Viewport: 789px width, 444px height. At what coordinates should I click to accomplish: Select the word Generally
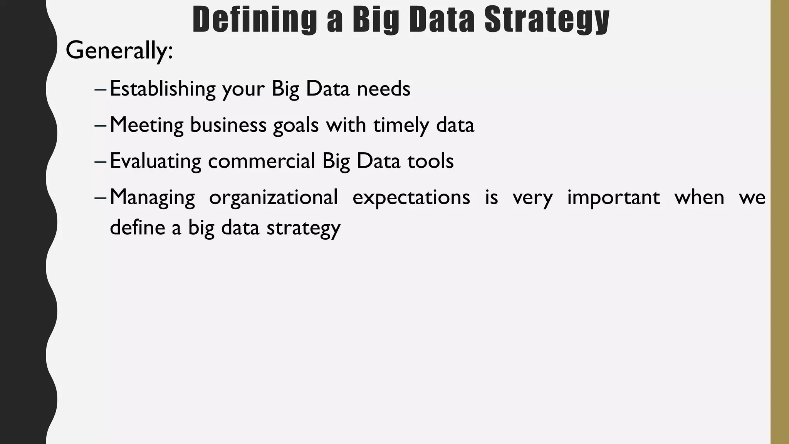click(x=119, y=50)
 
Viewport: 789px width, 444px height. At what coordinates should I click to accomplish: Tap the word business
click(x=228, y=125)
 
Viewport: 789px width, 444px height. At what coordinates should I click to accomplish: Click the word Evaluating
click(x=155, y=161)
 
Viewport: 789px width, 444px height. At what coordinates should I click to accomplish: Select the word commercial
click(x=262, y=161)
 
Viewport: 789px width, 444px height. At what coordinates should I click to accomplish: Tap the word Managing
click(x=153, y=198)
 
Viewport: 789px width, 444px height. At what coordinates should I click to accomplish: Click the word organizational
click(x=274, y=198)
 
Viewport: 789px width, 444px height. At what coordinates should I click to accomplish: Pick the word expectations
click(x=411, y=198)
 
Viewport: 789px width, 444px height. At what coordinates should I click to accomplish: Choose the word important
click(x=613, y=198)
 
